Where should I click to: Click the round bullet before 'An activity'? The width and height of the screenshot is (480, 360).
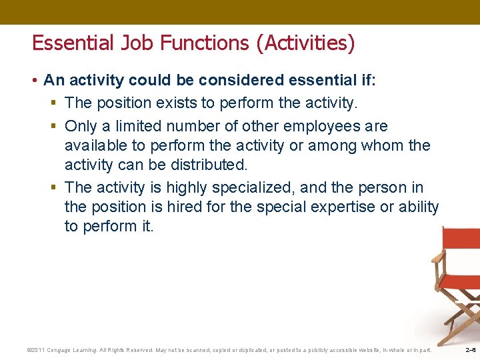coord(35,81)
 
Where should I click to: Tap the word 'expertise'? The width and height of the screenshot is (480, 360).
coord(343,207)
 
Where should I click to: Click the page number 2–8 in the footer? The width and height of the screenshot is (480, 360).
coord(471,350)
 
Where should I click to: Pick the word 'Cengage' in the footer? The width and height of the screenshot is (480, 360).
coord(64,350)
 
